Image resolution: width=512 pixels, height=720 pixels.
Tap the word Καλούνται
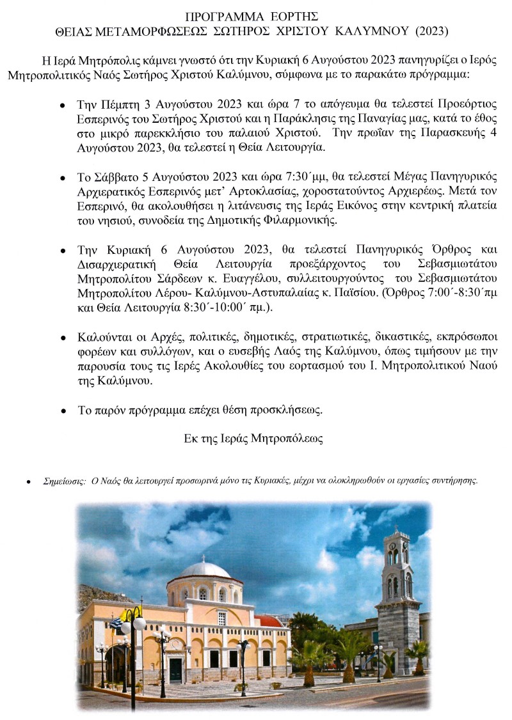click(x=104, y=336)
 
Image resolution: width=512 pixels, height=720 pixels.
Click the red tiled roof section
click(x=269, y=621)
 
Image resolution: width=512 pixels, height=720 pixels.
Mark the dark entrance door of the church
click(x=175, y=669)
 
